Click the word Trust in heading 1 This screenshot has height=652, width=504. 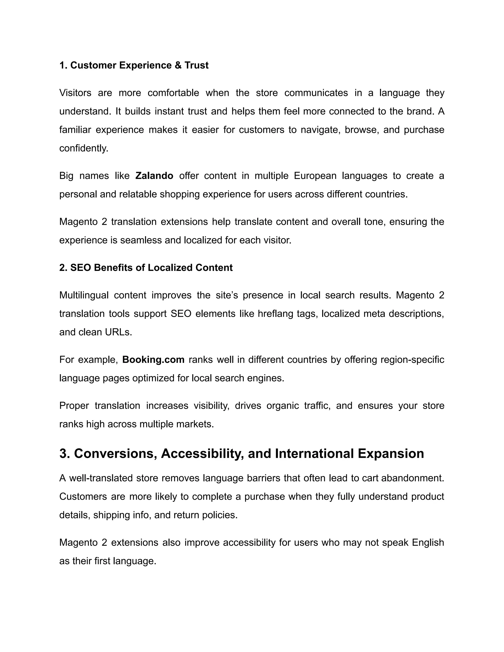point(196,65)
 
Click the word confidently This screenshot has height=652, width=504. point(84,148)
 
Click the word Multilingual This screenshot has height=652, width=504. point(84,295)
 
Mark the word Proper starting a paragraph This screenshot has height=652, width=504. point(74,405)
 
